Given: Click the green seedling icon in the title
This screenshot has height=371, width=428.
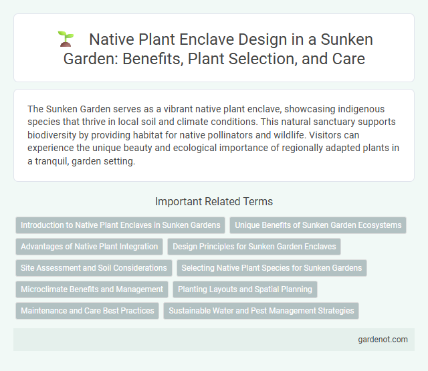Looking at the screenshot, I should (65, 39).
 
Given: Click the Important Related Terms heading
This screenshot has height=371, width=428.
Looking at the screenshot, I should (213, 201).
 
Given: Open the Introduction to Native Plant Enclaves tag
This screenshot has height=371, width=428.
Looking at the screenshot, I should (120, 225).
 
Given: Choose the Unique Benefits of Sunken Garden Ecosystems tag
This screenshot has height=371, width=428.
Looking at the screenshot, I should (318, 225).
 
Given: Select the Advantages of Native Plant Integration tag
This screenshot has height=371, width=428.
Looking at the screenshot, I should (89, 247).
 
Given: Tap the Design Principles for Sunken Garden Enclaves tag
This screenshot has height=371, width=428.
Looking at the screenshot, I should (254, 247).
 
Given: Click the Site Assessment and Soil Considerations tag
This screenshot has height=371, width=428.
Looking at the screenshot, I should (94, 268).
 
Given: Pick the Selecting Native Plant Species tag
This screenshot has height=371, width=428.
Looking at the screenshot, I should (272, 268).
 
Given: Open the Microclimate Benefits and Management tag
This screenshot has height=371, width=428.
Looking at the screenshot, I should (92, 289).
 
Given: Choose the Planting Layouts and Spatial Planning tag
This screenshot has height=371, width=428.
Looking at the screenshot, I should (245, 289).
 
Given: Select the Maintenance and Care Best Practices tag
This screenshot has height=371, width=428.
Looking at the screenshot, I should (87, 311).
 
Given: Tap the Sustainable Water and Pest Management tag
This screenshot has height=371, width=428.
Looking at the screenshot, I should (261, 311).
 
